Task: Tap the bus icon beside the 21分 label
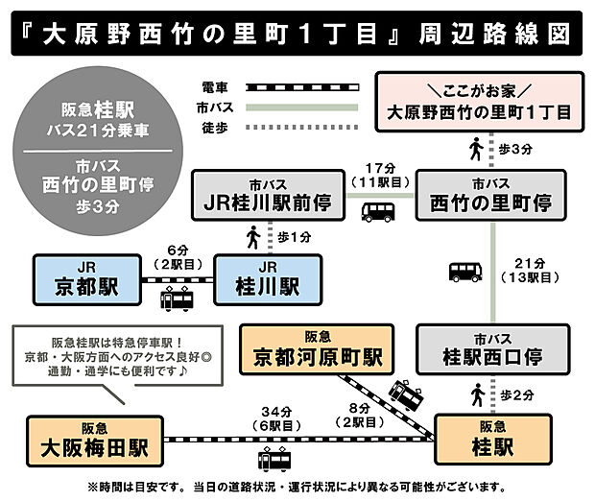(465, 272)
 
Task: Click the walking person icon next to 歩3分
(475, 149)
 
